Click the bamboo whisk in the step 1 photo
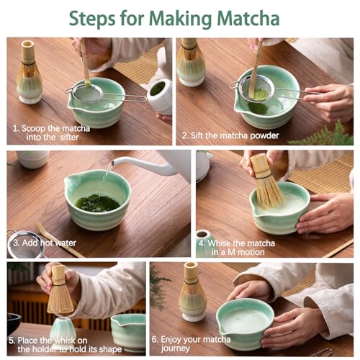click(30, 72)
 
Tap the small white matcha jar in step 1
click(159, 96)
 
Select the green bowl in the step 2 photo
click(269, 108)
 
